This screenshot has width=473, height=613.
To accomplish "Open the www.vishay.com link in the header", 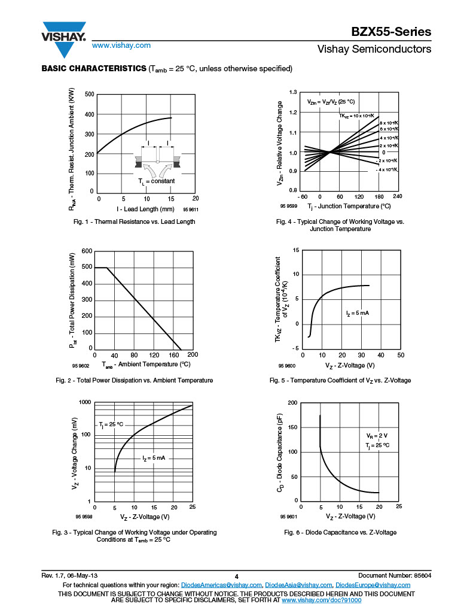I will tap(121, 45).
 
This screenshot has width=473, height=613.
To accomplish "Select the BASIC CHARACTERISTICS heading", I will tap(93, 68).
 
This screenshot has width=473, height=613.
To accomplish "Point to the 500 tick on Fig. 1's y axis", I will tap(89, 95).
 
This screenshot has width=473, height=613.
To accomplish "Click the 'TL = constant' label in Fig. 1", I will tap(156, 181).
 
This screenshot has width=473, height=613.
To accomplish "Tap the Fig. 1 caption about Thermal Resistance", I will tap(134, 221).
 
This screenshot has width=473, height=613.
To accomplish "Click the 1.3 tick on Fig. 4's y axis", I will tap(293, 92).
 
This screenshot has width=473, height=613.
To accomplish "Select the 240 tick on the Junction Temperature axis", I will tap(397, 196).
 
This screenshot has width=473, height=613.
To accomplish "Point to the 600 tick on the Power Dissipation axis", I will tap(87, 251).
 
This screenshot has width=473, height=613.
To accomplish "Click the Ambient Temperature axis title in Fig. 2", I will tap(146, 364).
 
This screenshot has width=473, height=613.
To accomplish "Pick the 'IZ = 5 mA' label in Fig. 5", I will tap(361, 313).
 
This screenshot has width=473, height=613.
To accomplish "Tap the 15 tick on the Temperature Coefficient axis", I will tap(295, 250).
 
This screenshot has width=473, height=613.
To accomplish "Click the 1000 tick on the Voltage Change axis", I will tap(84, 402).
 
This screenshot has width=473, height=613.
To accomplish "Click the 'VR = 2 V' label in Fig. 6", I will tap(377, 436).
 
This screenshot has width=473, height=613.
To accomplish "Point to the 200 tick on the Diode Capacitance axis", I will tap(292, 402).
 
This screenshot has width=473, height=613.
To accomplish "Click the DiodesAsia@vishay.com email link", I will tap(298, 585).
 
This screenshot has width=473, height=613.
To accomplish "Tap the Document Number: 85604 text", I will tap(395, 575).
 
